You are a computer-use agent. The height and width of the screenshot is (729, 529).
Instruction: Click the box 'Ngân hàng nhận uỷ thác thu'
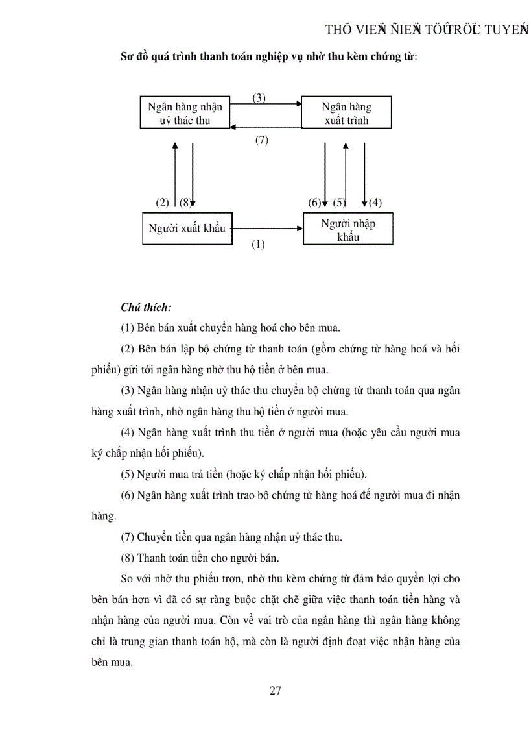point(185,113)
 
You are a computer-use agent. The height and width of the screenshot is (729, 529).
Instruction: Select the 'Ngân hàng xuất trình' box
point(347,113)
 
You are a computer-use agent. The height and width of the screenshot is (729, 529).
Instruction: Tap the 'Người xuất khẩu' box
point(187,228)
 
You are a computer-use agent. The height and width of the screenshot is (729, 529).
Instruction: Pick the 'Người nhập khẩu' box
point(347,230)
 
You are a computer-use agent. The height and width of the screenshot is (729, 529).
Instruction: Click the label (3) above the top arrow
point(259,98)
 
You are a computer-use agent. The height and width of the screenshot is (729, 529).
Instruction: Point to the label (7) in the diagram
point(261,140)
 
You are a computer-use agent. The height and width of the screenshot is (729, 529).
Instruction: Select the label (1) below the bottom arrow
point(258,245)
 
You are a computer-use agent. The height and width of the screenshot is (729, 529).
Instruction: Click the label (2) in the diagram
point(162,203)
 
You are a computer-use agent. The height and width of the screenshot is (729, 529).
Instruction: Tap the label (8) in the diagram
point(185,203)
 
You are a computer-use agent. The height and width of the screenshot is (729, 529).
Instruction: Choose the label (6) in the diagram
point(314,203)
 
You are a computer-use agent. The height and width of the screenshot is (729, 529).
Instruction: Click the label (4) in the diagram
point(375,203)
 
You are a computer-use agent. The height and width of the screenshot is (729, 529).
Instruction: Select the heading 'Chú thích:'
point(146,307)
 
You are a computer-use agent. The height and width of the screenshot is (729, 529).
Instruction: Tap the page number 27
point(275,690)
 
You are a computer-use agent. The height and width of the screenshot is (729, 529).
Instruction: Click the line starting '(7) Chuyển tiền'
point(231,537)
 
